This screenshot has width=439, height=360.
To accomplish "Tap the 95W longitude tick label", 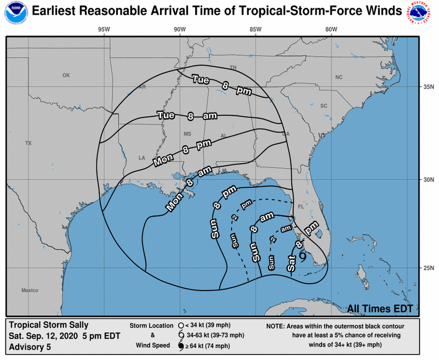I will (x=104, y=29).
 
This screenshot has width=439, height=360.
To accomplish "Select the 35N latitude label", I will (x=429, y=87).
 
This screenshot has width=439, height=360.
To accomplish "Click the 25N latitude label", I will (x=429, y=268).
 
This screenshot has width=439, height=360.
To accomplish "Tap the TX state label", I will (x=28, y=143).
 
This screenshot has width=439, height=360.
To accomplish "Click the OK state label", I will (x=67, y=75).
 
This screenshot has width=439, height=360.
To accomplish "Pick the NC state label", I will (x=339, y=77).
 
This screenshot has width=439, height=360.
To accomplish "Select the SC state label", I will (x=323, y=106).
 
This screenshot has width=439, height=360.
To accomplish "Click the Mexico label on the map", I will (x=29, y=291).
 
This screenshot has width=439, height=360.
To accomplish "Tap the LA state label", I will (x=142, y=158).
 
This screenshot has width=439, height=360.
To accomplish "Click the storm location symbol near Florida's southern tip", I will (x=303, y=256).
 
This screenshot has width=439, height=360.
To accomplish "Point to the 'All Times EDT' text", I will (x=380, y=309).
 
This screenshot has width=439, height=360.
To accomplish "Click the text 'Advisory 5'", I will (x=29, y=347).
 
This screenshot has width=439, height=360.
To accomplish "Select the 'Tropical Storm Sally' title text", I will (x=49, y=325).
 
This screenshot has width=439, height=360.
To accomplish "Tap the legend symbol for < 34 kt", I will (x=181, y=325).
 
